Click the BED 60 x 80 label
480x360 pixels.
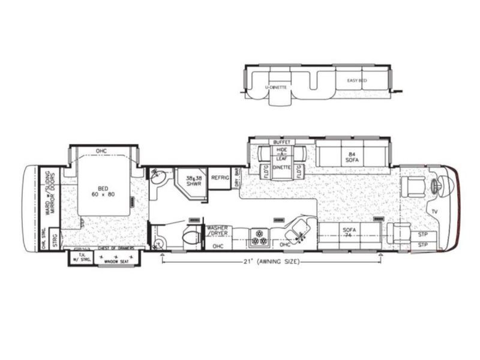(102, 190)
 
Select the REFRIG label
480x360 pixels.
(220, 178)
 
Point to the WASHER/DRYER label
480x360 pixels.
(219, 232)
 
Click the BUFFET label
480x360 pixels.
(282, 142)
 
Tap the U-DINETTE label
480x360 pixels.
(276, 87)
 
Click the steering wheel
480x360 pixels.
(436, 187)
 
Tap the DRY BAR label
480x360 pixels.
(237, 179)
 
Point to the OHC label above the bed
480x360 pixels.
(103, 150)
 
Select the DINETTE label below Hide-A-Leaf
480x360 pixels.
(282, 167)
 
